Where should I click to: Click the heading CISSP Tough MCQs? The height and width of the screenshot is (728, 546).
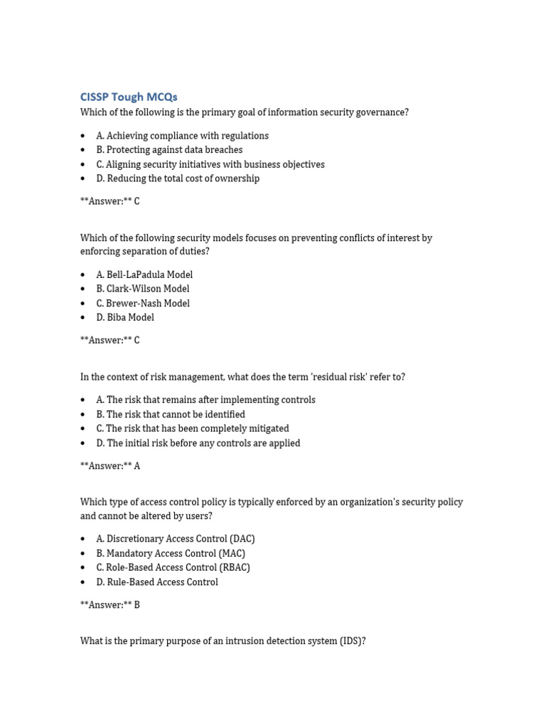129,97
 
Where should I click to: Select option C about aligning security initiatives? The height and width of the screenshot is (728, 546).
210,164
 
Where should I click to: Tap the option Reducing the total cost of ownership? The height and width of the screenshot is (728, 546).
178,178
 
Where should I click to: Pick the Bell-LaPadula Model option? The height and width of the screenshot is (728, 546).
144,274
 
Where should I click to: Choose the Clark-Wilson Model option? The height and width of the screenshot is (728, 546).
143,289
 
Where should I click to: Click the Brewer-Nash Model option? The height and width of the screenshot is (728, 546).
143,303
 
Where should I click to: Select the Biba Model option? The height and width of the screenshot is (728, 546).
125,317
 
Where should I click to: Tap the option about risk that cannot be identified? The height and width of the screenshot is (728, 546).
171,414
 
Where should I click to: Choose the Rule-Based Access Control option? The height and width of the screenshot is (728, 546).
157,582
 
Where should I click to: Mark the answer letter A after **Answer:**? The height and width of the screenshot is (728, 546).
137,466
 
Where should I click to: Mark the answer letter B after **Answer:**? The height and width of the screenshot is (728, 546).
137,605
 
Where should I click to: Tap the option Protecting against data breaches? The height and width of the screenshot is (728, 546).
169,150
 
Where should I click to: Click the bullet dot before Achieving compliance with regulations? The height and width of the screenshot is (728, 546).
83,136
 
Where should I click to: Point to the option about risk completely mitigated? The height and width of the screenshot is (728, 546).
193,429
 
